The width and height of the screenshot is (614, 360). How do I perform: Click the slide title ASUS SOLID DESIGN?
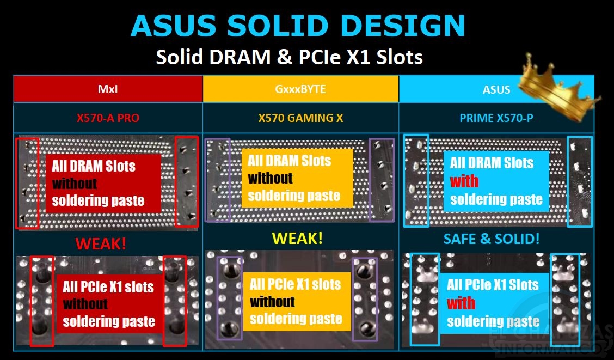point(298,26)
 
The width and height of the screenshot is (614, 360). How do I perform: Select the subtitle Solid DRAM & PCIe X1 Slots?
point(290,57)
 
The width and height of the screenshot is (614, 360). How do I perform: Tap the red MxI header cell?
point(108,89)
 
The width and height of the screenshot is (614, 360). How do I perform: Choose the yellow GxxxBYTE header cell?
point(300,89)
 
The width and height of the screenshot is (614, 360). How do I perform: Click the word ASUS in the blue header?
point(496,90)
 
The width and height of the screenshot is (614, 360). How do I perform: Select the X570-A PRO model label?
point(108,118)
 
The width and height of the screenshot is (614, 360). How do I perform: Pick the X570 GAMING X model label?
point(300,118)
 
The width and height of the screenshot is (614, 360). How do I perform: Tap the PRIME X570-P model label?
point(496,118)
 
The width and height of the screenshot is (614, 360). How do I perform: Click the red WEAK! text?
point(101,243)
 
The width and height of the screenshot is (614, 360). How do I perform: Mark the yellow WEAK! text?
point(298,238)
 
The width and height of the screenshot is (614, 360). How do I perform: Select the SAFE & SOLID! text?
point(492,239)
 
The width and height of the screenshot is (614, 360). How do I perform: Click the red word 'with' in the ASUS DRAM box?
point(464,181)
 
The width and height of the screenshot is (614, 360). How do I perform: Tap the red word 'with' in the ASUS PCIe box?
point(461,303)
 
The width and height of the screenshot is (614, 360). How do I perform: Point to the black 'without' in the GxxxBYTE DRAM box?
point(270,178)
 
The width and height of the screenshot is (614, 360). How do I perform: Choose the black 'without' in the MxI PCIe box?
point(85,303)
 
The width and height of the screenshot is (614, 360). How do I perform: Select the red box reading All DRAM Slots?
point(103,184)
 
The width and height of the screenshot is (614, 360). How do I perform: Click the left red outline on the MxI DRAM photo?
point(27,183)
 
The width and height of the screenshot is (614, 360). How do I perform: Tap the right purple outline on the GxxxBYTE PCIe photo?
point(365,299)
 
